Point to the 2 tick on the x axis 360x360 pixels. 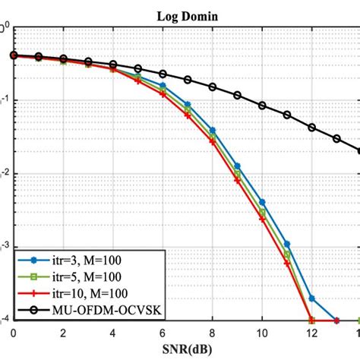tap(63, 333)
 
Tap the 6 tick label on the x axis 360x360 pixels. tap(163, 333)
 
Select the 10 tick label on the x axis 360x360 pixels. tap(262, 333)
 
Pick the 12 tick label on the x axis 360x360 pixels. tap(312, 333)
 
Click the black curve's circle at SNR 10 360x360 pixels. tap(262, 106)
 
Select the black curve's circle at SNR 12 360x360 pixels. tap(312, 127)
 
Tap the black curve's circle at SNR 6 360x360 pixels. tap(163, 74)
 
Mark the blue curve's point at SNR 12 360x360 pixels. tap(312, 298)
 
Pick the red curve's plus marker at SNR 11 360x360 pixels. tap(287, 264)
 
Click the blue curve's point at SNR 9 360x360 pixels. tap(237, 166)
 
